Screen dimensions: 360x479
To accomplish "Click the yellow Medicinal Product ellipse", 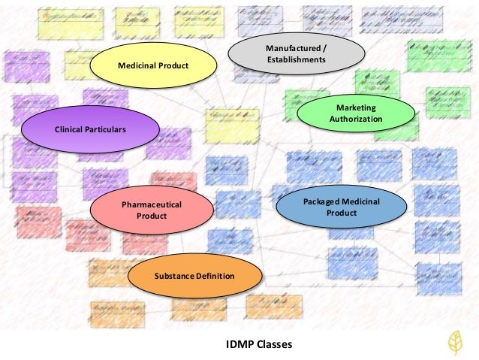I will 152,66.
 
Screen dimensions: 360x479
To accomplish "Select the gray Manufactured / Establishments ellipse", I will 296,53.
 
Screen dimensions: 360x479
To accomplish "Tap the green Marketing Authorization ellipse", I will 355,113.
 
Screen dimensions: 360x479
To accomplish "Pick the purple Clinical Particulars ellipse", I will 89,129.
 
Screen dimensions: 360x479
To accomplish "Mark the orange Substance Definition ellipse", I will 194,276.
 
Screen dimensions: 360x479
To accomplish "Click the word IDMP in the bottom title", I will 239,345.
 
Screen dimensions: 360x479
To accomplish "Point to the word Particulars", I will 105,129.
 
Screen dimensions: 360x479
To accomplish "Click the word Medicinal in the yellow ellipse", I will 135,66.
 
